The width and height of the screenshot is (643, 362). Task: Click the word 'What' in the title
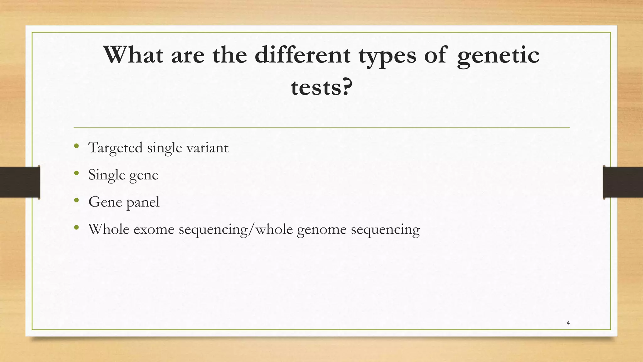(x=133, y=55)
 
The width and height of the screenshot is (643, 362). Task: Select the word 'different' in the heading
(x=302, y=55)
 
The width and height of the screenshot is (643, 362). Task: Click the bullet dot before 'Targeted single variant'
(x=77, y=146)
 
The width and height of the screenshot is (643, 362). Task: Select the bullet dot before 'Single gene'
(x=77, y=173)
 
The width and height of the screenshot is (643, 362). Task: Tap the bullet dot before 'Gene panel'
(x=77, y=200)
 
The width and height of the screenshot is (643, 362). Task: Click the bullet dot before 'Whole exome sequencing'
(x=77, y=227)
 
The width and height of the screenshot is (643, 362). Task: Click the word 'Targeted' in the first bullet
(x=115, y=148)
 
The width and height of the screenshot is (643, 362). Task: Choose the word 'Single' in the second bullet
(x=106, y=175)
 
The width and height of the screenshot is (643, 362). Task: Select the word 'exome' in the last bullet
(x=154, y=229)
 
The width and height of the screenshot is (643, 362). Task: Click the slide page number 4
(x=568, y=323)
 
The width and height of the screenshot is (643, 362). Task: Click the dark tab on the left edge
(x=20, y=182)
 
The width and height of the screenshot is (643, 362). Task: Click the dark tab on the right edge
(x=623, y=182)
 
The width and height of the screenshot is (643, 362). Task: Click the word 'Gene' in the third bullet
(x=105, y=202)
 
